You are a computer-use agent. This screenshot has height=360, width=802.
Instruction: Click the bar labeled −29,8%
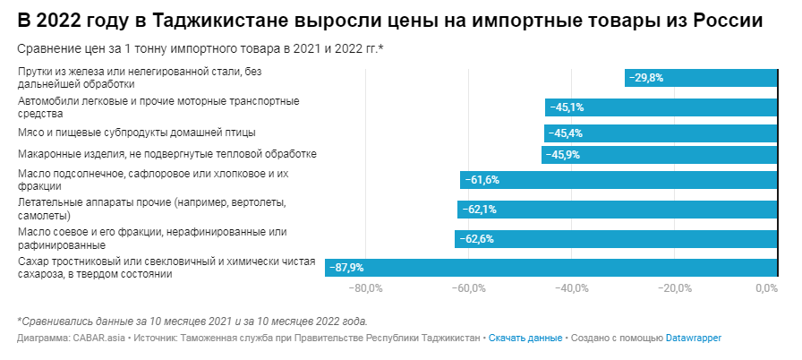701,78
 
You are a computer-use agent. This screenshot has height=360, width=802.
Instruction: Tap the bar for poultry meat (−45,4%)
660,133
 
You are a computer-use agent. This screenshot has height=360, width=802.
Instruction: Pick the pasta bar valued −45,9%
659,155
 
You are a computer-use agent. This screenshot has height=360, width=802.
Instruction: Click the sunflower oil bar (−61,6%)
619,180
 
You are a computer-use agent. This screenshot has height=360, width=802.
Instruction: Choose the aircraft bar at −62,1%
617,210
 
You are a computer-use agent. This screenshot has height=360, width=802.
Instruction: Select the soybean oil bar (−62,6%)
616,239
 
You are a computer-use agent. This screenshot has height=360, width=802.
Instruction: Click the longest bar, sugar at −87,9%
550,267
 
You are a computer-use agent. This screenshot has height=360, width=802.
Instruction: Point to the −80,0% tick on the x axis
366,288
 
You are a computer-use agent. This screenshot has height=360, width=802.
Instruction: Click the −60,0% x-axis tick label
469,288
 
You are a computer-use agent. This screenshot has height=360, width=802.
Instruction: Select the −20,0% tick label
674,288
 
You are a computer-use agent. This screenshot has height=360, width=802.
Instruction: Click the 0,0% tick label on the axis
766,288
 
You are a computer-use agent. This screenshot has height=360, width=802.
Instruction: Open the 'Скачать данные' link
525,339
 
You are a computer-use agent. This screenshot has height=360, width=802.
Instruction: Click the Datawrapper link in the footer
693,339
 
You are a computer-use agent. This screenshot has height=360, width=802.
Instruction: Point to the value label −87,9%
347,267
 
